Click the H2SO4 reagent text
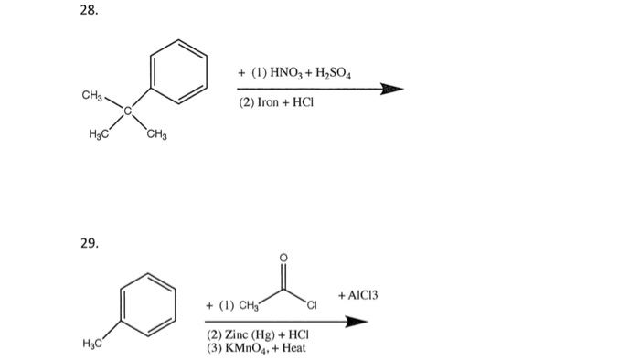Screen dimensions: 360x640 coord(345,72)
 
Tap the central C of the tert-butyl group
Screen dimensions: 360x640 coord(129,111)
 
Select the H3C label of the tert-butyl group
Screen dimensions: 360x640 coord(99,135)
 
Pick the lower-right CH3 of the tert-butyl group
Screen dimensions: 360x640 coord(156,135)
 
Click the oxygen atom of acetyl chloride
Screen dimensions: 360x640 coord(283,259)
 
